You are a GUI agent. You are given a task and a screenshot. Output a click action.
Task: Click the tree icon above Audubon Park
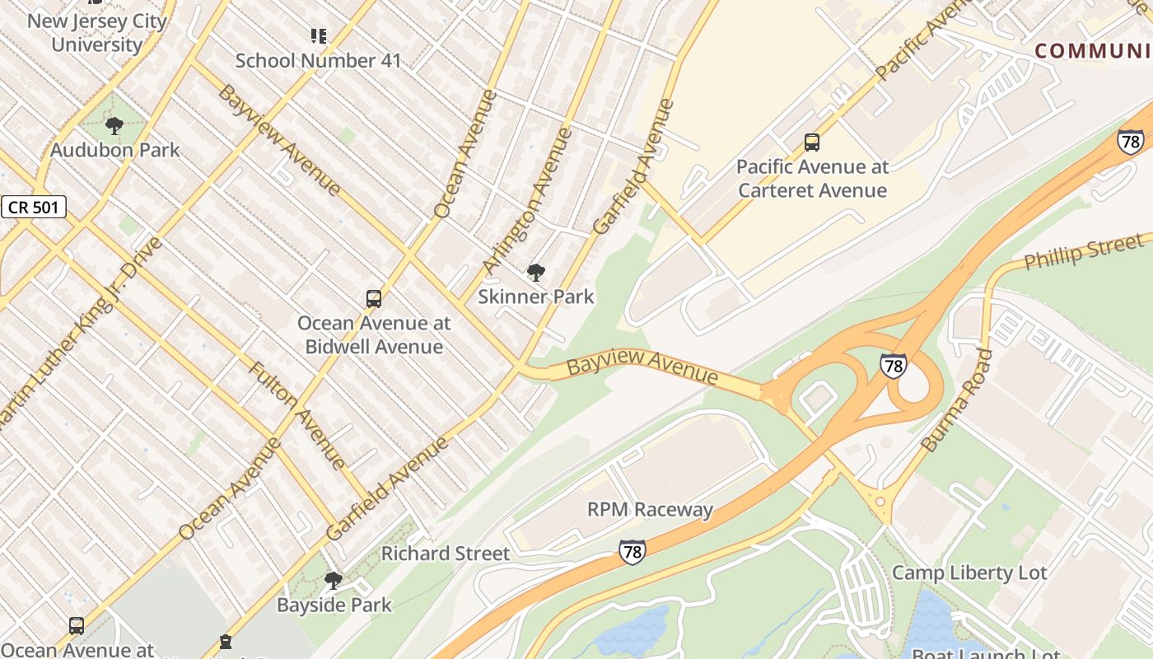(x=114, y=126)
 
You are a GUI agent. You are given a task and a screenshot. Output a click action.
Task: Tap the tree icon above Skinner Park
(x=536, y=272)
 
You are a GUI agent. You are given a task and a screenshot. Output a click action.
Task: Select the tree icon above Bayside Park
(x=334, y=581)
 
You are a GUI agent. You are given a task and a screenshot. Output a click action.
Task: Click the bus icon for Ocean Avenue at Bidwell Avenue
(x=374, y=299)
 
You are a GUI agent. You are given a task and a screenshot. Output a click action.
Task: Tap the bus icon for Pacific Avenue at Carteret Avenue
(x=812, y=143)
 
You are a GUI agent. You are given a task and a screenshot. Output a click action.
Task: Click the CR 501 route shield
(x=34, y=207)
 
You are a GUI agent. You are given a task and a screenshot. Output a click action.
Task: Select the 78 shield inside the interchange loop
(x=894, y=365)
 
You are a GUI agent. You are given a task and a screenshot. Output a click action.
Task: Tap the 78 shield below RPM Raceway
(x=632, y=551)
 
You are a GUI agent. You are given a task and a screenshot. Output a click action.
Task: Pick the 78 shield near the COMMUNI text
(x=1131, y=142)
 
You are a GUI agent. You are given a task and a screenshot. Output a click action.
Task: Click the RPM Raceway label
(x=650, y=510)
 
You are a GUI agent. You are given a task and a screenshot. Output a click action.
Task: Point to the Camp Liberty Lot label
(x=969, y=573)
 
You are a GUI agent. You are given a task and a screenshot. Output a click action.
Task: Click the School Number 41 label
(x=319, y=60)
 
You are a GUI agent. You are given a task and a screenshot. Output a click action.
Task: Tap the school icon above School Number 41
(x=319, y=35)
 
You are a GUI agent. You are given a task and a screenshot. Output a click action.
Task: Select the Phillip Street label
(x=1083, y=252)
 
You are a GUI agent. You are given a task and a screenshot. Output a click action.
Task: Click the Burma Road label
(x=957, y=401)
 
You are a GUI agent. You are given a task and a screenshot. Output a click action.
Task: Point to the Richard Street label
(x=446, y=554)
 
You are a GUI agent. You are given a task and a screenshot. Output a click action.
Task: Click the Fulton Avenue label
(x=298, y=415)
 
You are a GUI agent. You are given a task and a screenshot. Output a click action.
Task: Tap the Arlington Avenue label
(x=527, y=200)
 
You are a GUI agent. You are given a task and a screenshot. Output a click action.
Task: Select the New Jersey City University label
(x=97, y=33)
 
